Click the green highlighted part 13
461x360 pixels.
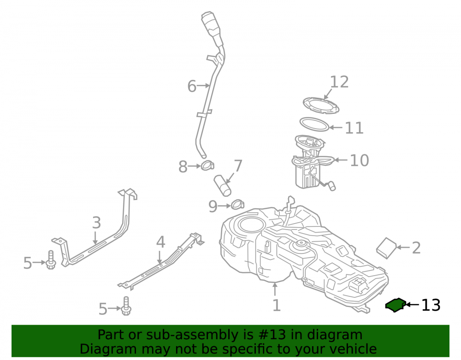coord(396,305)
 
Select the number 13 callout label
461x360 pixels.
coord(431,305)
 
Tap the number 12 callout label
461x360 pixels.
coord(340,82)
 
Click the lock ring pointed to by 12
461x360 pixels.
coord(321,105)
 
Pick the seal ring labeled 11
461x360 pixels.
coord(314,124)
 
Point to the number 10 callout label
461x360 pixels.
coord(359,160)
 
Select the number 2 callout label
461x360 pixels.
coord(416,248)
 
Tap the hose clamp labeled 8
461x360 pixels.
coord(207,166)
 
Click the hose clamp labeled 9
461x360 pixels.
coord(237,205)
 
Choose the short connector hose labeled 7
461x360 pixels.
coord(222,185)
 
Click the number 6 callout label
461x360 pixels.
coord(192,86)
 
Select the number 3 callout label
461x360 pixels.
coord(97,223)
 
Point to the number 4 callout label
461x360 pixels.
coord(160,242)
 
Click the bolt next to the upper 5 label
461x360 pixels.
coord(51,260)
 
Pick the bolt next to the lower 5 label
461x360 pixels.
coord(126,306)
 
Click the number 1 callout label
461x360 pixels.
coord(276,305)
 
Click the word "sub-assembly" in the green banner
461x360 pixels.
coord(199,335)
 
